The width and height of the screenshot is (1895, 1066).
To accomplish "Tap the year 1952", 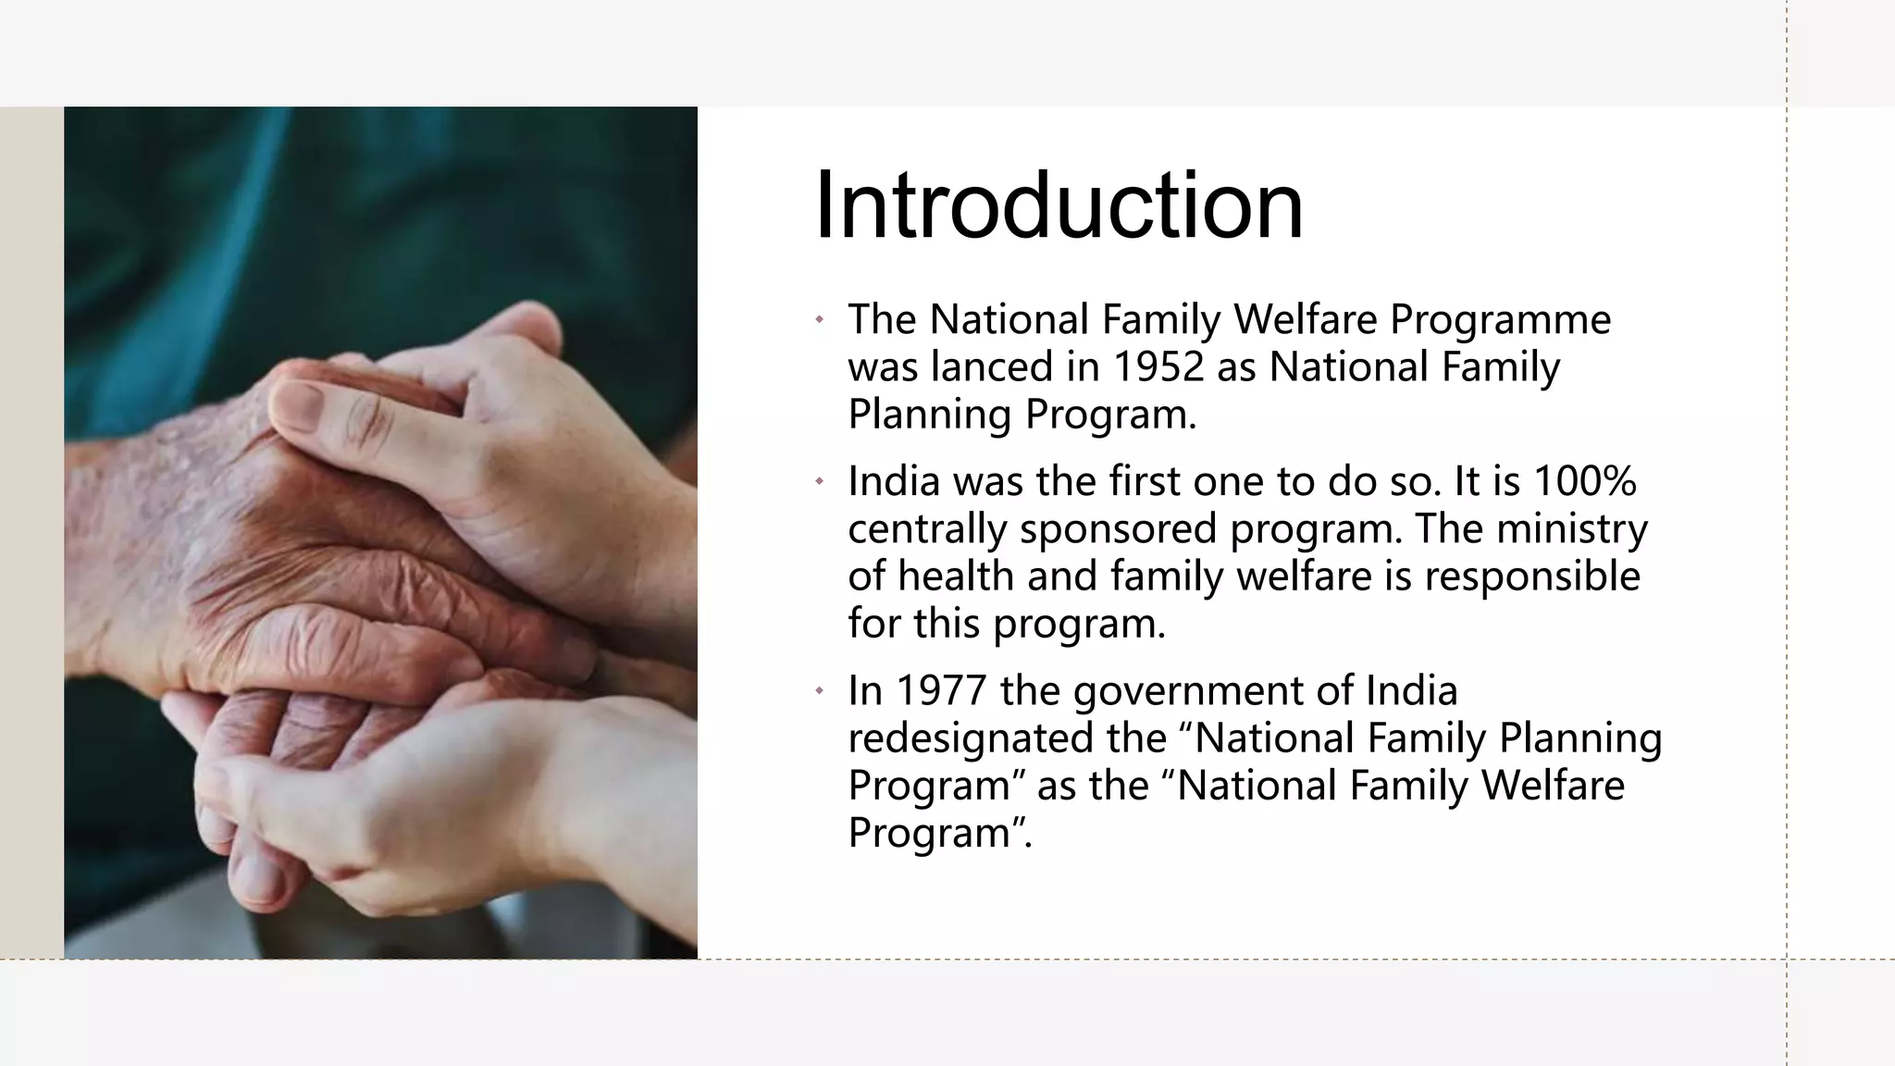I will tap(1157, 366).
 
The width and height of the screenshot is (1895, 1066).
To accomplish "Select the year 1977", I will tap(941, 690).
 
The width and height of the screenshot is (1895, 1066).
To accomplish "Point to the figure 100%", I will tap(1584, 481).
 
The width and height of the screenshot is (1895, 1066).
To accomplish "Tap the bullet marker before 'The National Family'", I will tap(819, 320).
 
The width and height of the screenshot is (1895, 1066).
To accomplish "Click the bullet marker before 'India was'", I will tap(819, 482).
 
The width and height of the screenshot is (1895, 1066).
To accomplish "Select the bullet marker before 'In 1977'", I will tap(819, 691).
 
